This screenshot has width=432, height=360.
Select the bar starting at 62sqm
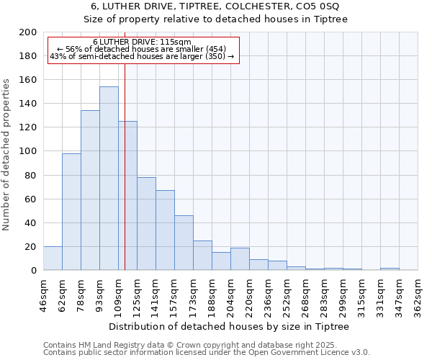(71, 212)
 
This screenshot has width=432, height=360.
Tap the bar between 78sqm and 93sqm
(90, 190)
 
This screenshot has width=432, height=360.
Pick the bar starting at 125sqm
(146, 224)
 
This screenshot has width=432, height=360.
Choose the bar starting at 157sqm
(184, 243)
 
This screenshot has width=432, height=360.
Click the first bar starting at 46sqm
(53, 258)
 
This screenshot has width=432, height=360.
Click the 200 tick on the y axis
(28, 32)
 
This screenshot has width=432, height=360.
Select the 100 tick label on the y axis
(28, 151)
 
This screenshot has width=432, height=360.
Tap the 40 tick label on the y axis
(31, 223)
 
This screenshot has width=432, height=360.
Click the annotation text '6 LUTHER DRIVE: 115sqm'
(142, 42)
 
